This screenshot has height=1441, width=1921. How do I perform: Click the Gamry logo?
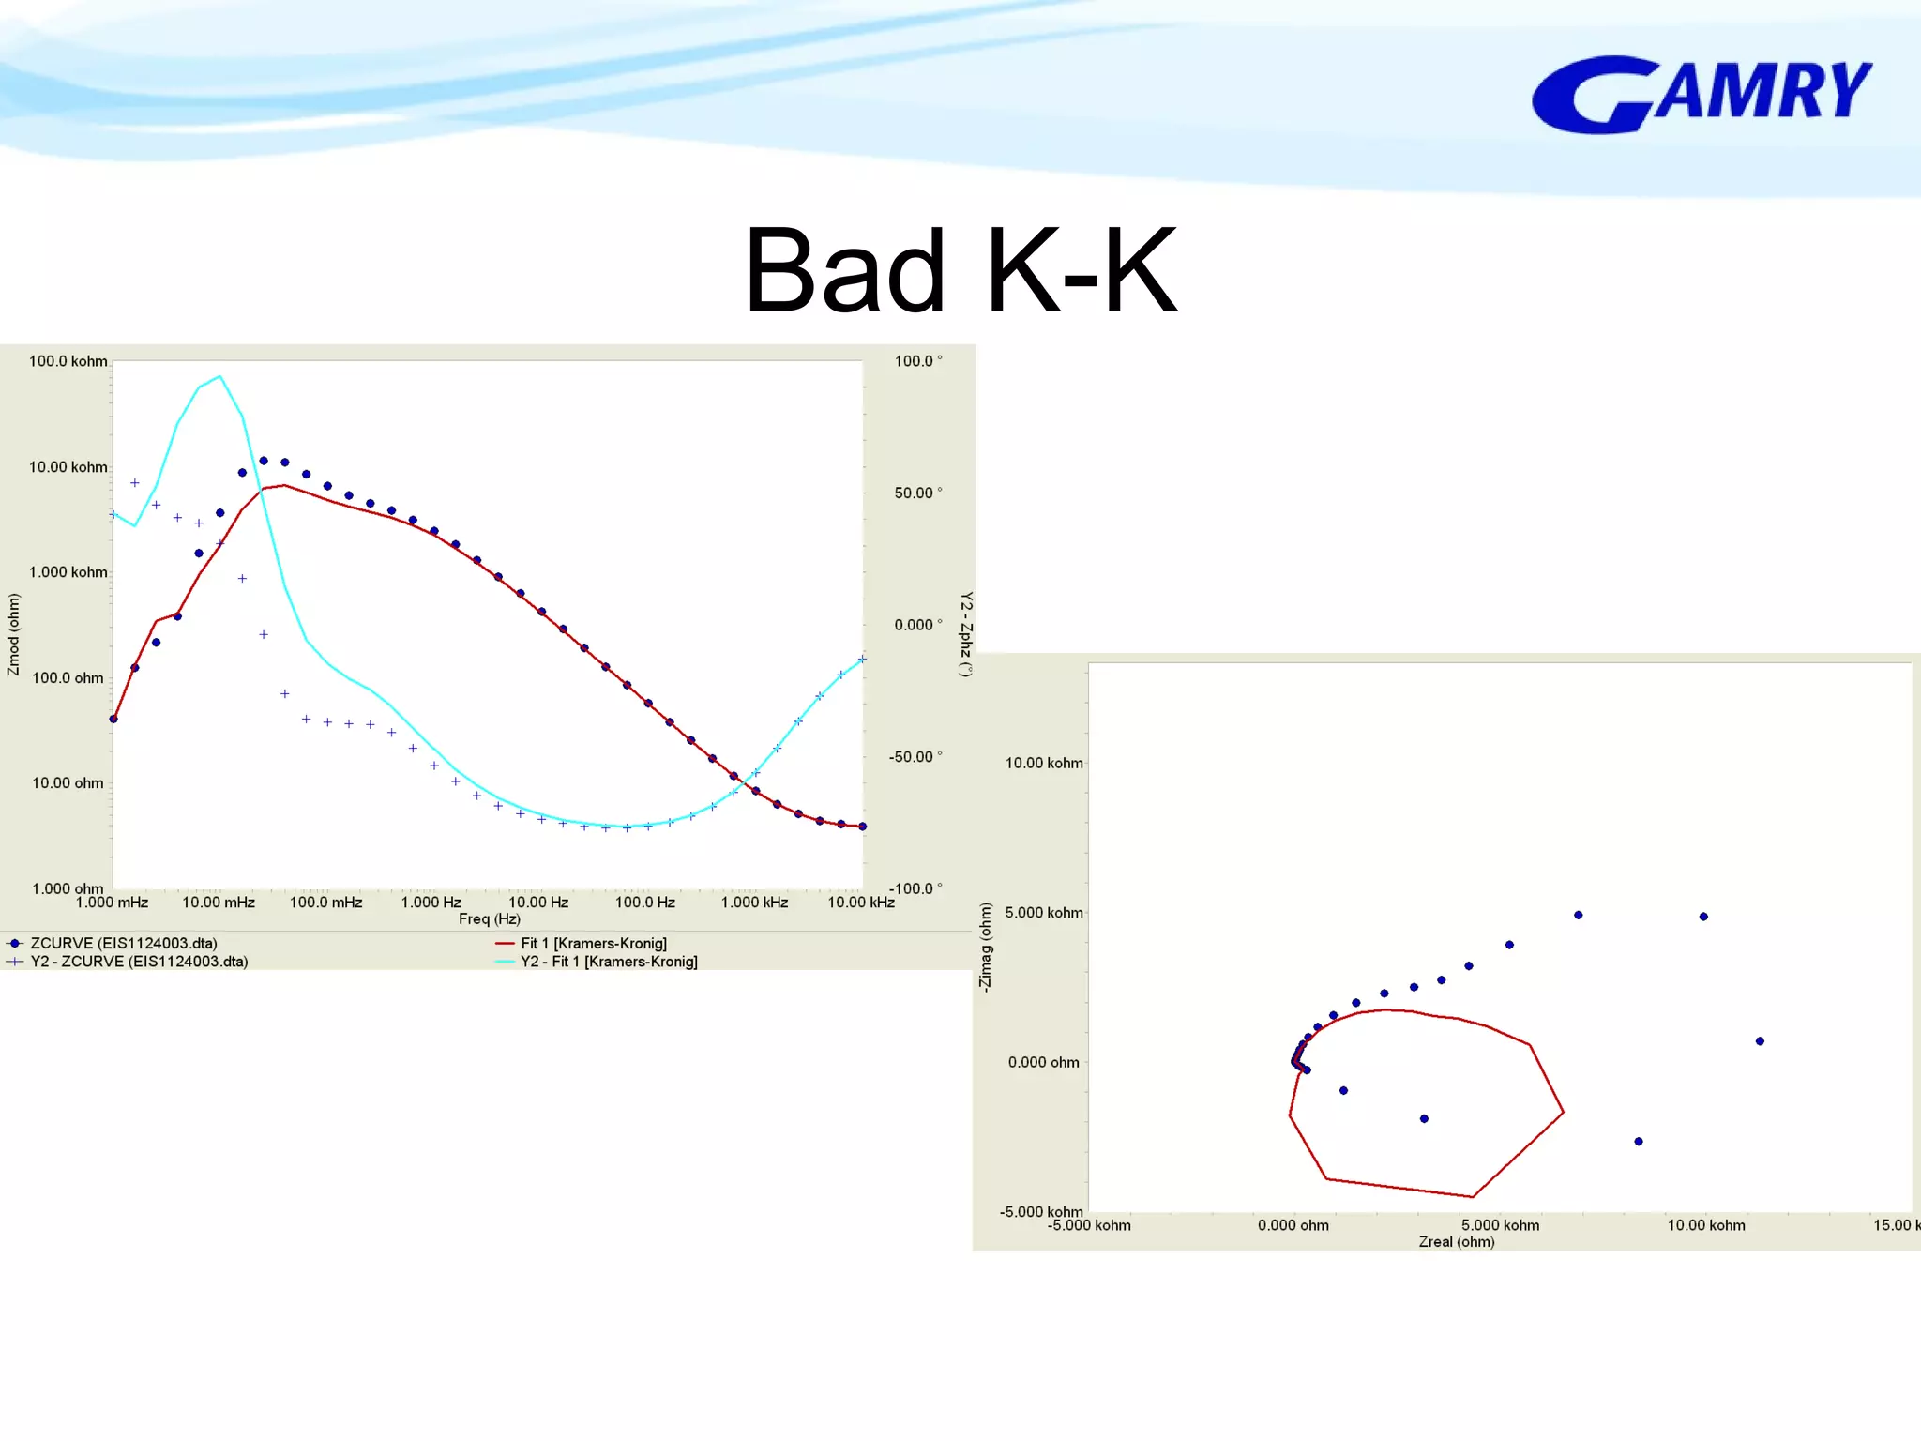click(1702, 94)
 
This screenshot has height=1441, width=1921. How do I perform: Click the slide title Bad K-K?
click(960, 272)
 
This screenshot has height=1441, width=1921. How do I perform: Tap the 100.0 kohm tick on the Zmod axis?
click(68, 361)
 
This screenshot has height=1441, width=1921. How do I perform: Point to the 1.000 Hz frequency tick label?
click(431, 903)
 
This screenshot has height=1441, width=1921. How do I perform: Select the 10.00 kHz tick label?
click(860, 903)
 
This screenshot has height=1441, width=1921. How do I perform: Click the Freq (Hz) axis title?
click(489, 919)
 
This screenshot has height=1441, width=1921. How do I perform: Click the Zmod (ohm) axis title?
click(13, 634)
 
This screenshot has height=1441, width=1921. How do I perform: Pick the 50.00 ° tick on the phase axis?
click(916, 493)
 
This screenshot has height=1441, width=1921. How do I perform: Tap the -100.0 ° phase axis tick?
click(915, 888)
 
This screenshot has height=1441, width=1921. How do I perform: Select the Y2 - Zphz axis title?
click(965, 634)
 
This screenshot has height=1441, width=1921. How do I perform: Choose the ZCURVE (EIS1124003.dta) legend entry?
click(123, 944)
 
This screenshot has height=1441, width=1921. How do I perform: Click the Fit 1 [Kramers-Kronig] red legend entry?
click(593, 944)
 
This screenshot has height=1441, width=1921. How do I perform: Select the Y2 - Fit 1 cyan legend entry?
click(608, 962)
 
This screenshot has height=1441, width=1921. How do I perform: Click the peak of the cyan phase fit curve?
click(219, 377)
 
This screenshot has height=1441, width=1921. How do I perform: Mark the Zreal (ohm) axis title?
click(1456, 1242)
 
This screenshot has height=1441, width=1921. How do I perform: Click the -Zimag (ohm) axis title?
click(984, 947)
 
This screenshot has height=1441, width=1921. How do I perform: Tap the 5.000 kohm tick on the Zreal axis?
click(1500, 1225)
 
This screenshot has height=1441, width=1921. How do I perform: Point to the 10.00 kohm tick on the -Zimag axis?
click(1043, 764)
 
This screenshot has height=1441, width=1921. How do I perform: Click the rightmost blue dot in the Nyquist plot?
click(1760, 1041)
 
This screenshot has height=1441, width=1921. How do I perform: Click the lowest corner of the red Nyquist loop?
click(1473, 1197)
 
